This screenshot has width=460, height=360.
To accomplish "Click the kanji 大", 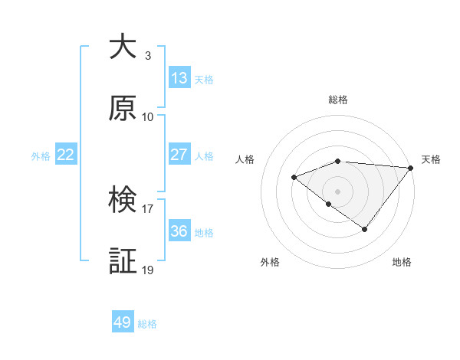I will (123, 47).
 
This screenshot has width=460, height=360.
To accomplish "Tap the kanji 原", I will (123, 108).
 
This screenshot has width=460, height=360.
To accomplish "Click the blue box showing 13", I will (179, 78).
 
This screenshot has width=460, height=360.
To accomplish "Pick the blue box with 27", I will (179, 155).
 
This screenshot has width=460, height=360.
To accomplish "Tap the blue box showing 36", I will (179, 231).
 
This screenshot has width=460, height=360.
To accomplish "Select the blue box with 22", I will (65, 155).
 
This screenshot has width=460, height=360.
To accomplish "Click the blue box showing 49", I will (123, 322).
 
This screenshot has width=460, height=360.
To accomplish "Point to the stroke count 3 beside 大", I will (147, 56).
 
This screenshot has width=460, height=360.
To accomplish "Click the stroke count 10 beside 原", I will (148, 117).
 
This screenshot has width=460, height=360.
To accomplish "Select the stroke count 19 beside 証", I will (148, 270).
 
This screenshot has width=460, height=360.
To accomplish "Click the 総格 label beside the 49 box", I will (147, 324).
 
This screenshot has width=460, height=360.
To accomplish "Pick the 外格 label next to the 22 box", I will (41, 156).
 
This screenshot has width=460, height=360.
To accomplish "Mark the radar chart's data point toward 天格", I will (411, 168).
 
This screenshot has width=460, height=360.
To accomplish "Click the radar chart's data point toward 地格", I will (365, 229).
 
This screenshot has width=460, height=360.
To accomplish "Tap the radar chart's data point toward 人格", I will (294, 178).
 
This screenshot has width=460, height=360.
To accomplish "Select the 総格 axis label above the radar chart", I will (338, 100).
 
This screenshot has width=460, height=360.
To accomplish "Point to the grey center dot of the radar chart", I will (337, 191).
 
